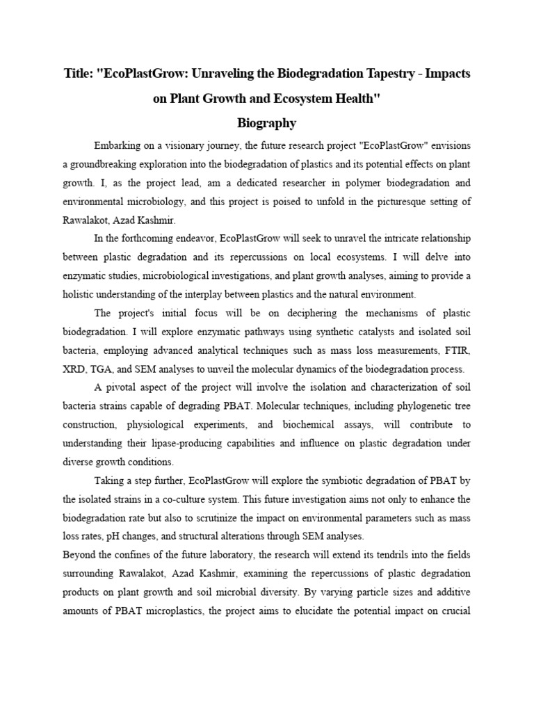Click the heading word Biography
267,123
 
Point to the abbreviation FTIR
459,349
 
